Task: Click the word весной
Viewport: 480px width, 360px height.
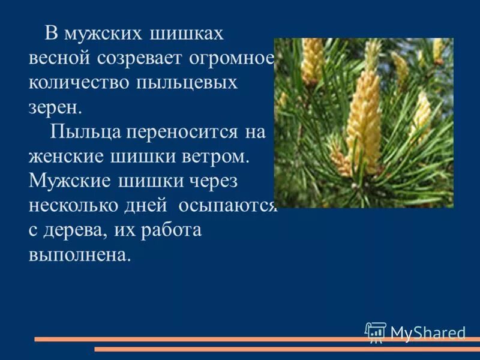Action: tap(59, 58)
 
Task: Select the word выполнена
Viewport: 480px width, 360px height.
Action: tap(78, 255)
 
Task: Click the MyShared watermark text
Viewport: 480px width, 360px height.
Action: tap(427, 332)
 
